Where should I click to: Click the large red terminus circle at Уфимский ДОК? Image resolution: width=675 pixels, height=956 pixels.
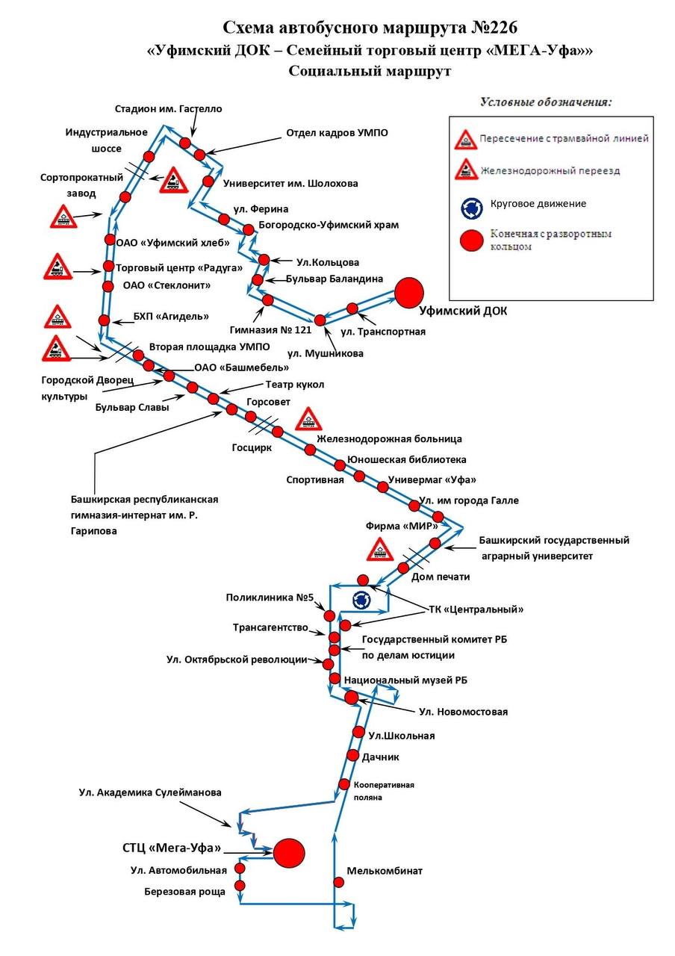(408, 293)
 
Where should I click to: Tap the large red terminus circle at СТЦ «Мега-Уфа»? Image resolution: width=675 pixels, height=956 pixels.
(289, 853)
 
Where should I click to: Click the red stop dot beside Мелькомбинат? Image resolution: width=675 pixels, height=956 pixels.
(338, 882)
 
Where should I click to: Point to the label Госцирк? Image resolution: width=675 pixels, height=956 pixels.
(252, 447)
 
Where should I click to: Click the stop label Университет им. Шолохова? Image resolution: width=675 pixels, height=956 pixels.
(290, 184)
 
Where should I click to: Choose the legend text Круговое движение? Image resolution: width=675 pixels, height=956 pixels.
(538, 204)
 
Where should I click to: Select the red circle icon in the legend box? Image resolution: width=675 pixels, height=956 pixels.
(471, 240)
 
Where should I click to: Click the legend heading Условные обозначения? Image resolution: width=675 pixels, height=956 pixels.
(546, 102)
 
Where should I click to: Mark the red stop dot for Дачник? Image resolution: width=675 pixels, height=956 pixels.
(352, 755)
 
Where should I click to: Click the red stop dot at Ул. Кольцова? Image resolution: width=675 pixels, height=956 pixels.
(264, 259)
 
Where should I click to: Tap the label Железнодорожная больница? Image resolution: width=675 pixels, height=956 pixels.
(389, 438)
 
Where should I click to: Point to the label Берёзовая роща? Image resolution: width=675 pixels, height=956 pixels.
(184, 892)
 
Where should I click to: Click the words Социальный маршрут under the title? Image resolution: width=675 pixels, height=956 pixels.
(370, 71)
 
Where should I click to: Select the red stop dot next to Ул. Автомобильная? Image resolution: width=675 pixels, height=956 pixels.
(240, 869)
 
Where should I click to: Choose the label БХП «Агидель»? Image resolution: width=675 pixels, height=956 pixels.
(171, 316)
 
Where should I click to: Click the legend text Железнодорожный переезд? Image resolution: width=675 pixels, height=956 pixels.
(550, 171)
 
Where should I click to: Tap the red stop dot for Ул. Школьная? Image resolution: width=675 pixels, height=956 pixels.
(358, 731)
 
